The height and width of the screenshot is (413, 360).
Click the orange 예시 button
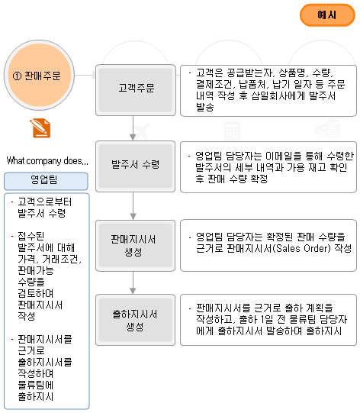pyautogui.click(x=327, y=15)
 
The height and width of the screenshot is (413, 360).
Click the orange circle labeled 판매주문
pyautogui.click(x=39, y=76)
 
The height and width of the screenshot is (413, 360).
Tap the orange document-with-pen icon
pyautogui.click(x=40, y=128)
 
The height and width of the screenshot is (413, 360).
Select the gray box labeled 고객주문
pyautogui.click(x=136, y=90)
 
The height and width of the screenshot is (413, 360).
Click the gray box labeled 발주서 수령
pyautogui.click(x=135, y=166)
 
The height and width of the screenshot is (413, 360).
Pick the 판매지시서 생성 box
pyautogui.click(x=135, y=246)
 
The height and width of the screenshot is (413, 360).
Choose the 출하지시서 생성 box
pyautogui.click(x=135, y=320)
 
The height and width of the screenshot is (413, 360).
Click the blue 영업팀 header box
pyautogui.click(x=46, y=181)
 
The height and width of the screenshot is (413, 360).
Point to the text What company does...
pyautogui.click(x=47, y=160)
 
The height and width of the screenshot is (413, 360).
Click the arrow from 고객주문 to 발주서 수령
pyautogui.click(x=133, y=128)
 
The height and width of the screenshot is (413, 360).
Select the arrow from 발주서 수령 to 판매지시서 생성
pyautogui.click(x=133, y=206)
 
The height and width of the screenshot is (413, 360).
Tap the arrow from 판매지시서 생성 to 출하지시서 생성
pyautogui.click(x=133, y=282)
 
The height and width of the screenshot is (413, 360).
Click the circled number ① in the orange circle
pyautogui.click(x=17, y=76)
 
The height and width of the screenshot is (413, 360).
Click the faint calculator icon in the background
pyautogui.click(x=232, y=131)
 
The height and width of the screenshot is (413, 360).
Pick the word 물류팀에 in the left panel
pyautogui.click(x=36, y=385)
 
